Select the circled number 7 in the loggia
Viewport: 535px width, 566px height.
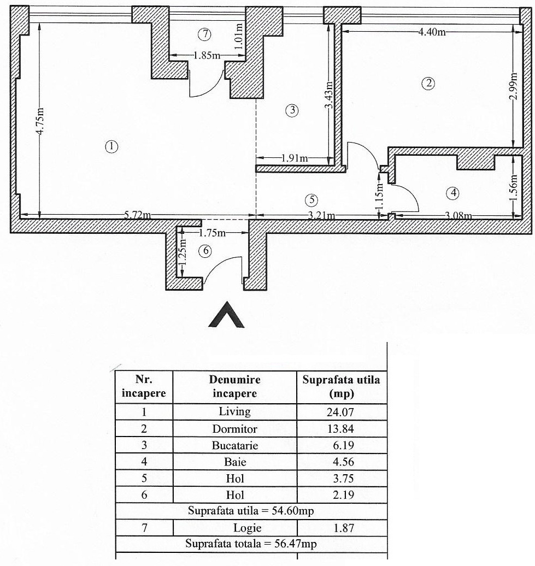tap(203, 34)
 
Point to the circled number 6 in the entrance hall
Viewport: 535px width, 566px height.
tap(205, 250)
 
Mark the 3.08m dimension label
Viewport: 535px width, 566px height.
tap(458, 216)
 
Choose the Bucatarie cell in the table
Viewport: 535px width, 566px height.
tap(235, 445)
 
